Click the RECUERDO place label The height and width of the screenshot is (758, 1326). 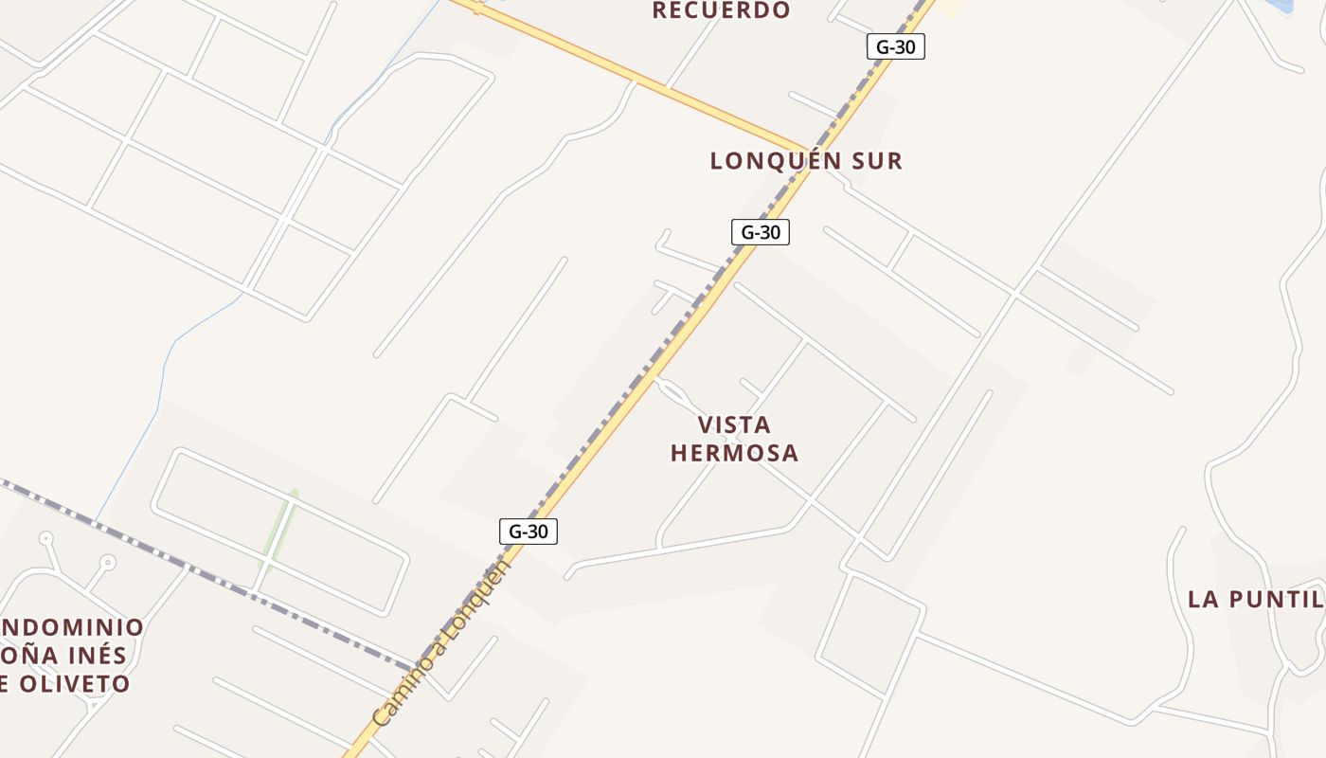(x=721, y=10)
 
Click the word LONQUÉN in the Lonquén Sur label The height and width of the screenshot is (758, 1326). (x=774, y=161)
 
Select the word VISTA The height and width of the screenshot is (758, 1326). (x=734, y=424)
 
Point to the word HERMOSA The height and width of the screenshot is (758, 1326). (x=734, y=453)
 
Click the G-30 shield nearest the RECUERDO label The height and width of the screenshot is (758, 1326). (x=895, y=46)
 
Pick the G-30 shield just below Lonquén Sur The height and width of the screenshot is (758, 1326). (x=760, y=231)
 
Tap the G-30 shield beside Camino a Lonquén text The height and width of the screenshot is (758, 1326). (x=529, y=532)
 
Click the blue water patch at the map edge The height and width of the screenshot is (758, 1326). (x=1280, y=5)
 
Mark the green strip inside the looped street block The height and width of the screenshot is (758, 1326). (x=279, y=531)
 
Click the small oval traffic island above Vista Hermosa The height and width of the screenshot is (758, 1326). (x=675, y=390)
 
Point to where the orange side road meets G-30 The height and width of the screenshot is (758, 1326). (x=806, y=150)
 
